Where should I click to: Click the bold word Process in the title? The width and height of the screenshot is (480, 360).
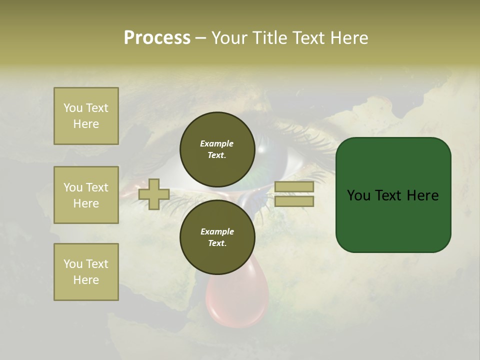[157, 38]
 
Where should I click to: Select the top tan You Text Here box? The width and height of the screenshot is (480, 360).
[86, 116]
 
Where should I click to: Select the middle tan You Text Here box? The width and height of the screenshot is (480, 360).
[86, 195]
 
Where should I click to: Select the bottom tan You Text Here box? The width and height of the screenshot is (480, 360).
[86, 272]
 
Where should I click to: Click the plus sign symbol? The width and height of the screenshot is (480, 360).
[153, 194]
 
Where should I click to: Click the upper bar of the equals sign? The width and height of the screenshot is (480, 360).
[294, 187]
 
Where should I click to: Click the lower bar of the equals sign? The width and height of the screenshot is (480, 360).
[294, 201]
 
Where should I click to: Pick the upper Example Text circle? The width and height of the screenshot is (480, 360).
[217, 149]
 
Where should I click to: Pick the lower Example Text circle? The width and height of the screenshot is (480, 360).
[217, 237]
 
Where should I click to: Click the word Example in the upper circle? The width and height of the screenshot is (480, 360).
[217, 143]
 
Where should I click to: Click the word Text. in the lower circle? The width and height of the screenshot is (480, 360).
[217, 243]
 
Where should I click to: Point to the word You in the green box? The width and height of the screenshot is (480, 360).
[358, 195]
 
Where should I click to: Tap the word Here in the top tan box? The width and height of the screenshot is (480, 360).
[86, 124]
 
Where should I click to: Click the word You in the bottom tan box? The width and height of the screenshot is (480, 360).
[73, 264]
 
